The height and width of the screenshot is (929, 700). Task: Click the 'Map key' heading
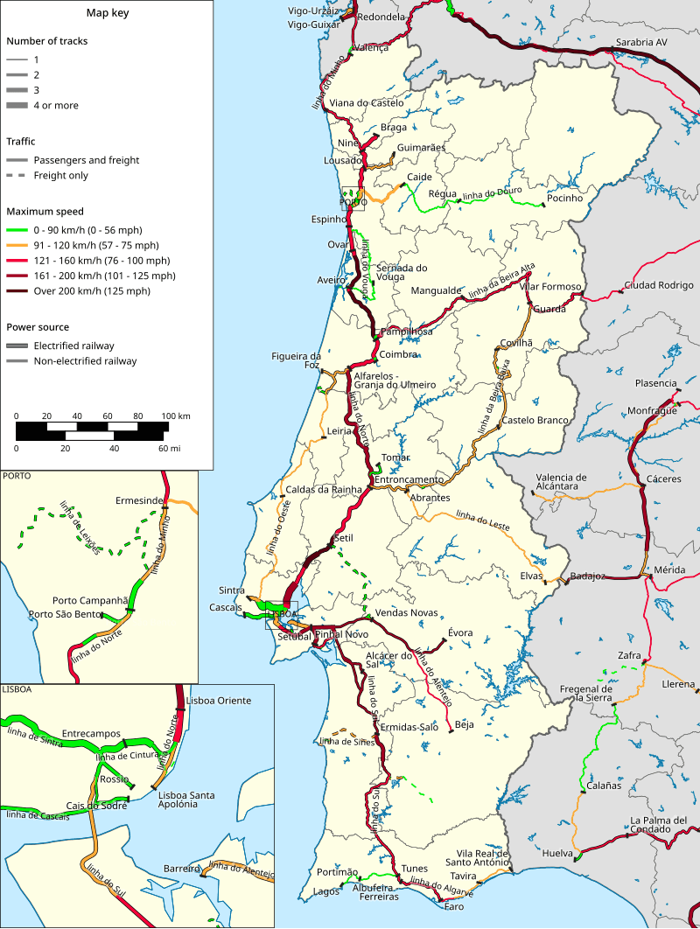click(x=105, y=13)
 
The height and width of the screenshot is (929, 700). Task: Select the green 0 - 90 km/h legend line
click(x=17, y=230)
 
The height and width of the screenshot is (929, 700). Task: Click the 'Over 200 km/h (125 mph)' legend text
click(x=92, y=291)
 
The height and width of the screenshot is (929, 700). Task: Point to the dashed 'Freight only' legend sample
click(x=17, y=176)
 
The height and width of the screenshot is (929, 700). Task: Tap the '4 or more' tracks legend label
click(x=56, y=106)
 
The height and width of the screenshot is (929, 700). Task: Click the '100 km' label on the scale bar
click(x=176, y=416)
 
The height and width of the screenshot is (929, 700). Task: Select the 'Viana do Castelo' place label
click(x=367, y=103)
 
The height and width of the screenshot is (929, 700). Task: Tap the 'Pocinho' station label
click(x=564, y=199)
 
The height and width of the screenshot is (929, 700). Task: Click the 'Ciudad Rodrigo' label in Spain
click(x=658, y=286)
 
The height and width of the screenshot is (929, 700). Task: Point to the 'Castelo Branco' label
click(x=535, y=421)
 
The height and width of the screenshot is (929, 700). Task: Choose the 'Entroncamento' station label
click(x=409, y=480)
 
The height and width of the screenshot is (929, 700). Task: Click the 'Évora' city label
click(x=460, y=632)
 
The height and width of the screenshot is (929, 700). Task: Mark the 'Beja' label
click(x=465, y=724)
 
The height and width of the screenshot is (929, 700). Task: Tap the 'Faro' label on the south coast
click(x=454, y=907)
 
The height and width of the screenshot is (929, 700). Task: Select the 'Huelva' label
click(x=557, y=853)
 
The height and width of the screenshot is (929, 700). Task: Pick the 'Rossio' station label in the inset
click(x=115, y=779)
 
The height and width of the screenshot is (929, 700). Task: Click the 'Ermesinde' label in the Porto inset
click(x=139, y=500)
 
